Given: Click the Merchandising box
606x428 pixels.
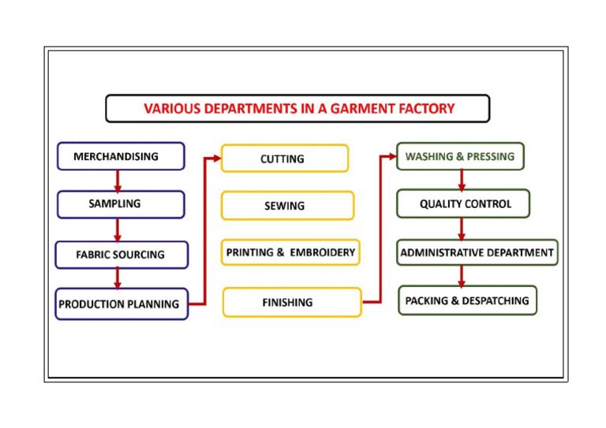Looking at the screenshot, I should [x=121, y=156].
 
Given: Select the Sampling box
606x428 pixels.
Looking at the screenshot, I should [x=121, y=204].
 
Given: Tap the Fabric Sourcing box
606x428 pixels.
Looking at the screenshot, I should [x=122, y=255].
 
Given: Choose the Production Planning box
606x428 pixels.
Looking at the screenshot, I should [x=122, y=303].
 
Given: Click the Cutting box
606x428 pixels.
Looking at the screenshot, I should [x=284, y=158].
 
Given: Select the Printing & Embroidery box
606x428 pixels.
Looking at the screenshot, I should [x=290, y=253].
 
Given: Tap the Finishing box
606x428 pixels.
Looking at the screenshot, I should [x=291, y=303].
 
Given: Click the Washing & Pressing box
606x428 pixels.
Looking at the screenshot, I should [x=460, y=156].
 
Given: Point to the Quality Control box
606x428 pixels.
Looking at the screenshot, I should [x=463, y=204].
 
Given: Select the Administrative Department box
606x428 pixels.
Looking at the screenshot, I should [x=477, y=253].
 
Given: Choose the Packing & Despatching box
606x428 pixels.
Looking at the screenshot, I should [x=467, y=300].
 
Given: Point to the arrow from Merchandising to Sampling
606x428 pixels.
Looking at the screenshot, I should [x=118, y=181].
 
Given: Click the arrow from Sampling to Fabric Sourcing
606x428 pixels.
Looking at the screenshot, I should [x=118, y=229].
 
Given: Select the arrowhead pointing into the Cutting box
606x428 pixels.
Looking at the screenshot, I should [x=217, y=158].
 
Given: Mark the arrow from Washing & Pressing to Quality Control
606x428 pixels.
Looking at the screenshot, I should [x=462, y=180].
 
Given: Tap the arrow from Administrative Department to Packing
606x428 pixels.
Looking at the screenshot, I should [x=462, y=276].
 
